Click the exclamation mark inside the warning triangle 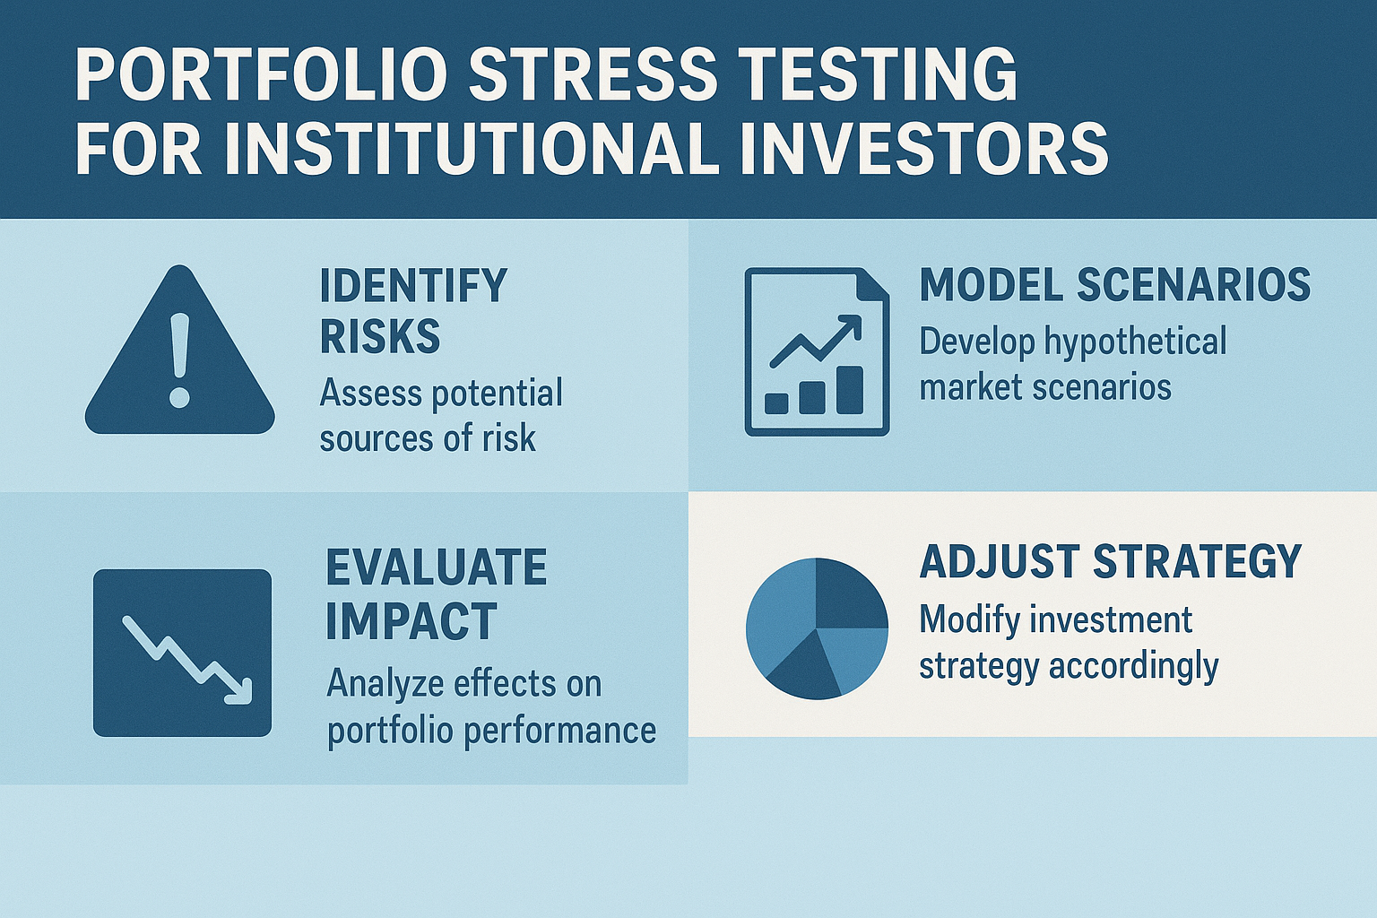click(x=179, y=359)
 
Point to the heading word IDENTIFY click(x=413, y=285)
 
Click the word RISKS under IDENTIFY click(x=380, y=335)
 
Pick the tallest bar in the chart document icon click(x=850, y=390)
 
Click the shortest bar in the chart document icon click(x=776, y=403)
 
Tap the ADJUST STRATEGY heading click(x=1110, y=560)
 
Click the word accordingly click(x=1133, y=668)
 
